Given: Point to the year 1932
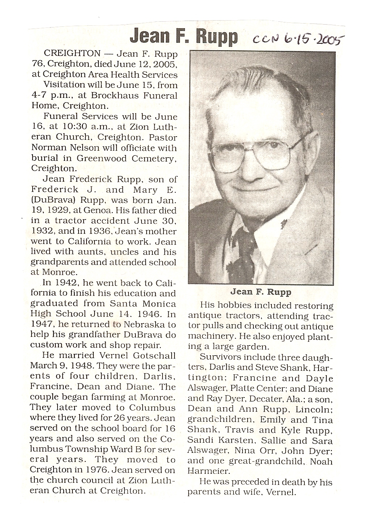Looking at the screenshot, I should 43,231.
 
